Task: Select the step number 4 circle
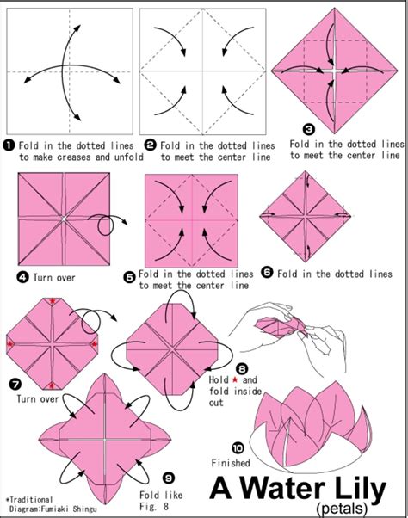coord(23,276)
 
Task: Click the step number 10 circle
coord(238,447)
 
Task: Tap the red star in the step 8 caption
coord(245,379)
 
